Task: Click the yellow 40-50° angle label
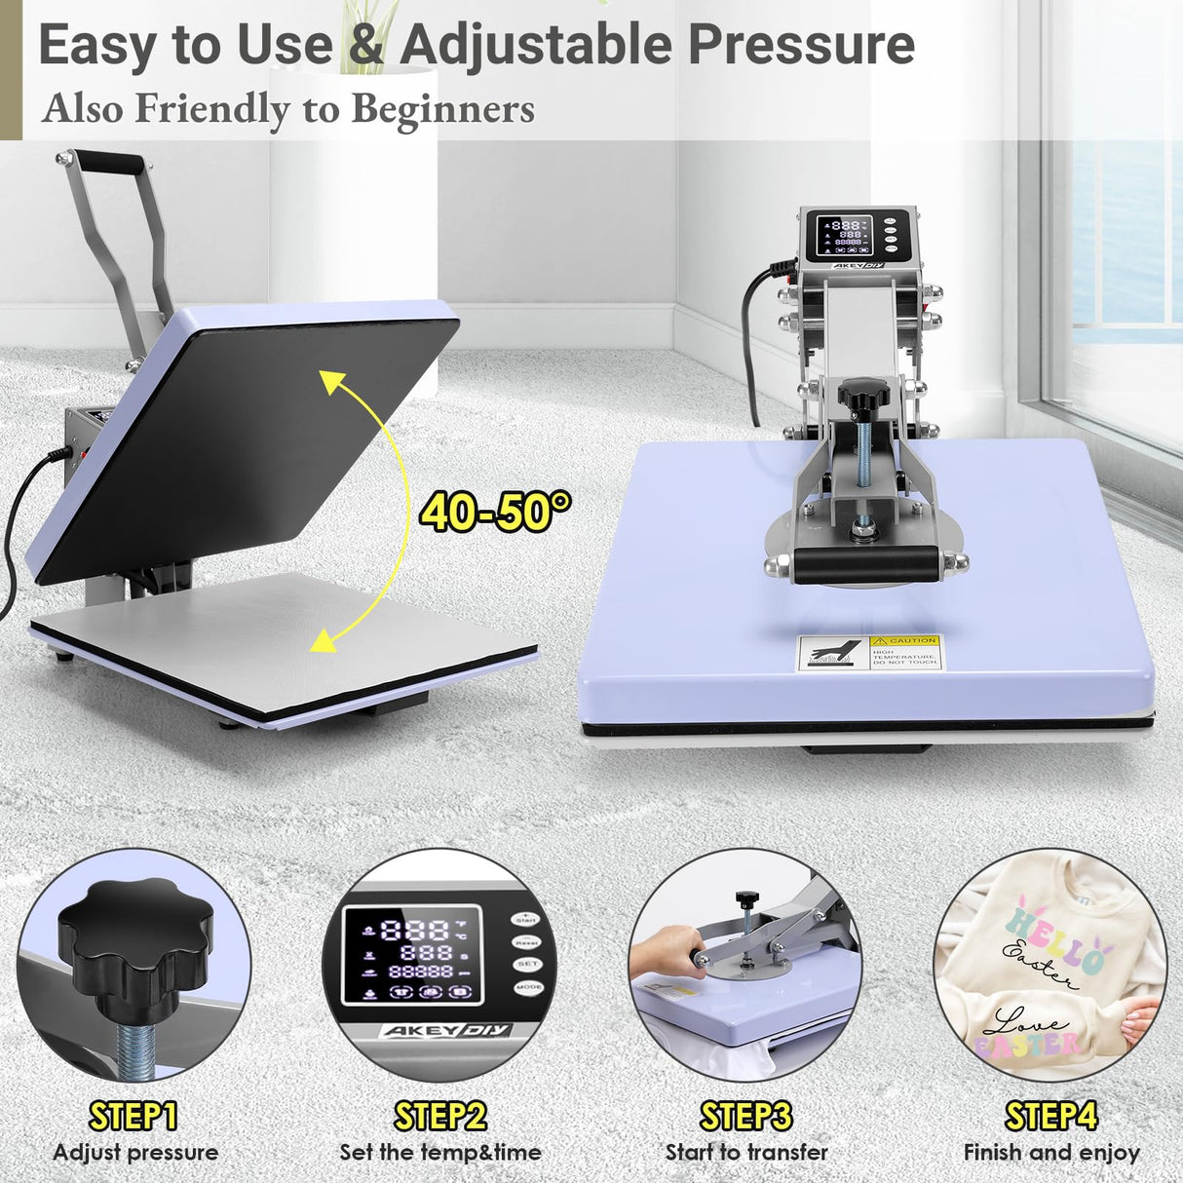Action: coord(495,512)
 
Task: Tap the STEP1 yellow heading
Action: coord(134,1116)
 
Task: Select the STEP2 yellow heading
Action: coord(439,1116)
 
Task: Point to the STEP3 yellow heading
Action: coord(746,1116)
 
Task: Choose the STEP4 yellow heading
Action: coord(1051,1116)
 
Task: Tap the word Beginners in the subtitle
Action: coord(442,109)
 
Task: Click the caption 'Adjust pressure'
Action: coord(135,1153)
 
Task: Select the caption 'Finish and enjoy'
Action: coord(1051,1153)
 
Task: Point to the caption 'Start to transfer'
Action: coord(746,1153)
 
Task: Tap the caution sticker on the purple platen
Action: coord(869,653)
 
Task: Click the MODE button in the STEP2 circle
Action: coord(529,987)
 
